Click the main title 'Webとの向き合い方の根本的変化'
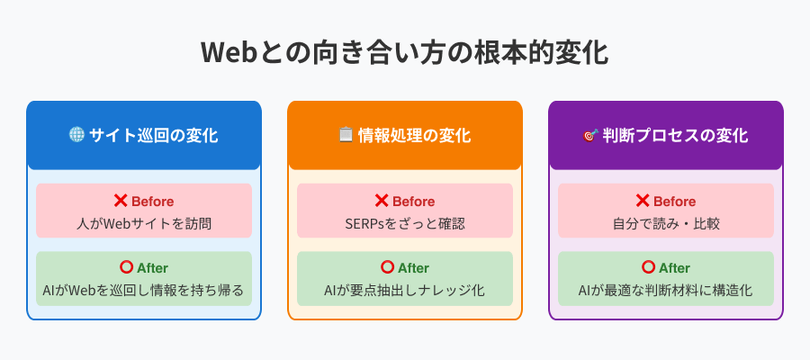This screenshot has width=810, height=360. pos(404,52)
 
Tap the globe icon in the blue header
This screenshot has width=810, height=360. pos(76,135)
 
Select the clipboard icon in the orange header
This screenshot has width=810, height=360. pos(346,135)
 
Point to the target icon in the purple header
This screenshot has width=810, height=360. pos(590,135)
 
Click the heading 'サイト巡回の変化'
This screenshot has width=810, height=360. pos(153,135)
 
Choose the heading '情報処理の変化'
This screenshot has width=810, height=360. pos(414,135)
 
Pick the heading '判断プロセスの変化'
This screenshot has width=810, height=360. pos(675,135)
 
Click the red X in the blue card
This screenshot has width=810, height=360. pos(121,201)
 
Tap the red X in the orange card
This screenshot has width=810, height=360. pos(382,201)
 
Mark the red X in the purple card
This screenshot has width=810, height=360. pos(642,201)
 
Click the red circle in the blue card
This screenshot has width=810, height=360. pos(126,267)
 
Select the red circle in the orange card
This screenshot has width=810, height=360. pos(387,267)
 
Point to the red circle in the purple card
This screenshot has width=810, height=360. pos(648,267)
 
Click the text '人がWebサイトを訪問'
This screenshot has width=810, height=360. pos(144,224)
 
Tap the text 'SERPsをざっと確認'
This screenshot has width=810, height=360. pos(405,224)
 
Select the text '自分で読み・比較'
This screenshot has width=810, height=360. pos(666,224)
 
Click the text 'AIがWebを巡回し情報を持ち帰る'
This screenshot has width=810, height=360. pos(144,291)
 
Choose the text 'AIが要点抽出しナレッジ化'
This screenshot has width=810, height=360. pos(404,291)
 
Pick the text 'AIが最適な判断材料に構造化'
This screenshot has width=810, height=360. pos(665,291)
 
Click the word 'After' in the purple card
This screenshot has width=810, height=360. pos(674,268)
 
